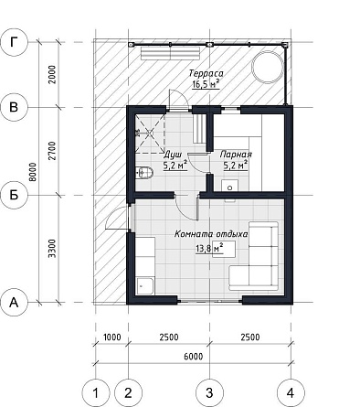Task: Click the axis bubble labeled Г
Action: click(14, 42)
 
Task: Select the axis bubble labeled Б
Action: click(14, 195)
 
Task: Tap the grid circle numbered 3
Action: click(209, 393)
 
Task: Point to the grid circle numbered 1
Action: click(96, 393)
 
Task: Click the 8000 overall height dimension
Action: click(33, 172)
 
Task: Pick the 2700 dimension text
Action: click(52, 151)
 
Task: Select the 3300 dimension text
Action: click(52, 249)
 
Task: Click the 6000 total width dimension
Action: click(194, 356)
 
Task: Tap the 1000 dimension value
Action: click(112, 337)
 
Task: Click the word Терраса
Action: click(206, 73)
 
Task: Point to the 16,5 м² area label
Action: click(206, 84)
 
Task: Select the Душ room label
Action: click(173, 155)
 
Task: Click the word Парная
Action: click(236, 155)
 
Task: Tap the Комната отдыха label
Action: click(211, 234)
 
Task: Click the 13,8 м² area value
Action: click(209, 249)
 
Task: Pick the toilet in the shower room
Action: click(143, 173)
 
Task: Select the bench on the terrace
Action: click(171, 53)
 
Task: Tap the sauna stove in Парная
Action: click(229, 186)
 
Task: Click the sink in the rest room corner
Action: click(145, 286)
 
